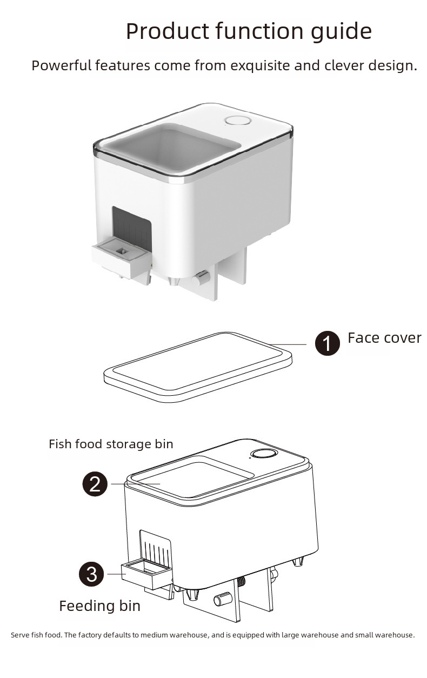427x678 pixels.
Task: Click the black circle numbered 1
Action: (x=328, y=343)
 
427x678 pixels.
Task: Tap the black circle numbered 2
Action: (x=95, y=483)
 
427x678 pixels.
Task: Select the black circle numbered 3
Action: (x=92, y=574)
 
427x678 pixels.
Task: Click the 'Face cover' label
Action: (x=384, y=338)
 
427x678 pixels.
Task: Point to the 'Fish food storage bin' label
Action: (x=111, y=444)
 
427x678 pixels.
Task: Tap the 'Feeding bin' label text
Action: (x=99, y=606)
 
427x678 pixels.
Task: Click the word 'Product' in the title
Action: (x=167, y=31)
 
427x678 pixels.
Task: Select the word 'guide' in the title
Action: (x=341, y=31)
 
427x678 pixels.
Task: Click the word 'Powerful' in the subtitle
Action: (x=61, y=66)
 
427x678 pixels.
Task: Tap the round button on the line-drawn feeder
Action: (x=263, y=456)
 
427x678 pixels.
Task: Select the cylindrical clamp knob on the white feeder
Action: (x=201, y=278)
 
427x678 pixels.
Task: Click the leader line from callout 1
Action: (x=292, y=344)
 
